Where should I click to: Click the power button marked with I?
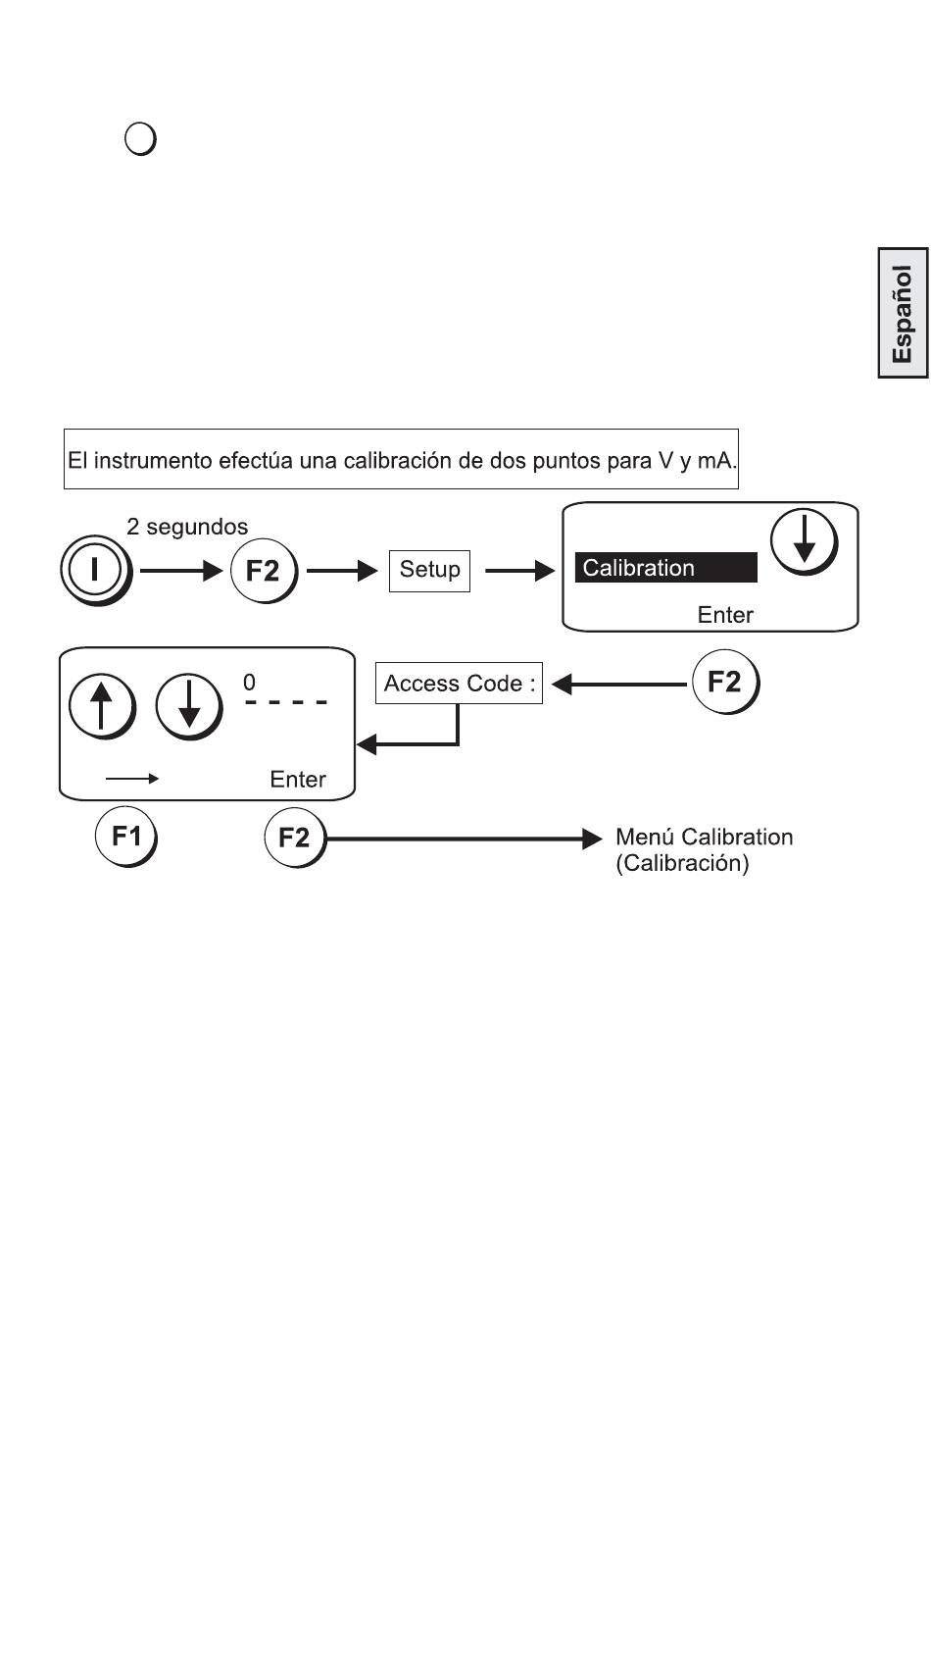click(94, 570)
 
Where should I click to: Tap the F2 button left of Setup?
click(263, 570)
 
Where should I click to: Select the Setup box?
click(429, 570)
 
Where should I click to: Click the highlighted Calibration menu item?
click(665, 568)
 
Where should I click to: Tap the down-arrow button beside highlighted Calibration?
click(804, 542)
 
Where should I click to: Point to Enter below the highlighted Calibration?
click(725, 615)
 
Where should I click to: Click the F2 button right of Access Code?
click(724, 683)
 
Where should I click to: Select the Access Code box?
click(459, 684)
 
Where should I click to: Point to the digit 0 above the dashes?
click(250, 682)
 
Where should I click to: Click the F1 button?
click(125, 837)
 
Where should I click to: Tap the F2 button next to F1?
click(294, 838)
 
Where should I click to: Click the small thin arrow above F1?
click(132, 779)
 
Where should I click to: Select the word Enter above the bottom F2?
click(298, 780)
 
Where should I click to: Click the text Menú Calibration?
click(704, 838)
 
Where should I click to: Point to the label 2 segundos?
click(187, 527)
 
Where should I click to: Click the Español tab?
click(902, 313)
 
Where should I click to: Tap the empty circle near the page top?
click(141, 139)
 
